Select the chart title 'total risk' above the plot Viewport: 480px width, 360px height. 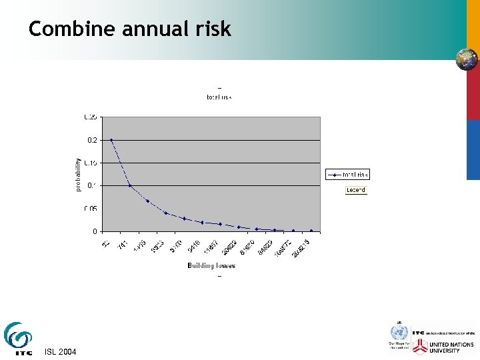pos(219,97)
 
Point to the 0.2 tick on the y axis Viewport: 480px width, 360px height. pos(91,140)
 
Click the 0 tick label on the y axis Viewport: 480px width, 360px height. pos(95,231)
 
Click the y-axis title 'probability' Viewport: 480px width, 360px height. pos(78,175)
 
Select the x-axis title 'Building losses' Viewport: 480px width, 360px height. pos(211,265)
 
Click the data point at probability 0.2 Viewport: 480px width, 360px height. pos(111,140)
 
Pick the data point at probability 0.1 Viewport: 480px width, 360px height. pos(130,185)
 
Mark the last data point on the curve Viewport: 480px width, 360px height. pos(311,231)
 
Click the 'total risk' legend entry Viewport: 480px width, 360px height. pos(347,175)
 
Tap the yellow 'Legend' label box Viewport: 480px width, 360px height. pos(355,190)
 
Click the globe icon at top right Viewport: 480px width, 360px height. pos(466,59)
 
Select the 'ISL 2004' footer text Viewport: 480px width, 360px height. pos(60,351)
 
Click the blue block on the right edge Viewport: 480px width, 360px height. pos(473,150)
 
